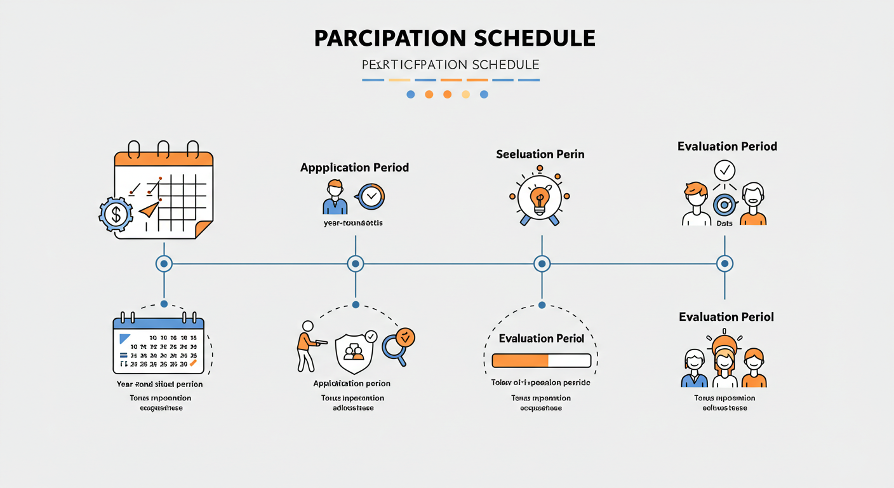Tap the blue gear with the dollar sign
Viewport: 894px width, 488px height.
[x=116, y=214]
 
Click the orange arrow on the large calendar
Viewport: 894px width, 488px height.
[x=149, y=209]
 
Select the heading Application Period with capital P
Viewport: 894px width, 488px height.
[x=354, y=168]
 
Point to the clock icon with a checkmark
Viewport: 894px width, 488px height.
[x=371, y=197]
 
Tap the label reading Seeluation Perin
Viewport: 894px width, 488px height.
[x=540, y=154]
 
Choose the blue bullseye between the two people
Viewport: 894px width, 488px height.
[x=724, y=205]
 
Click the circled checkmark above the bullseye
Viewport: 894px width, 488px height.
[x=724, y=170]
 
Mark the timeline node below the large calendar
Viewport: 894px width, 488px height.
[x=164, y=263]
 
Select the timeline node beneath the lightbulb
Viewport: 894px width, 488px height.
[x=542, y=263]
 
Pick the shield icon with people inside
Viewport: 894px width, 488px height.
[x=354, y=352]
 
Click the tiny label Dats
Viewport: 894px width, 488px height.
[x=724, y=224]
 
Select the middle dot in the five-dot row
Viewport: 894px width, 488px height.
[x=447, y=94]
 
